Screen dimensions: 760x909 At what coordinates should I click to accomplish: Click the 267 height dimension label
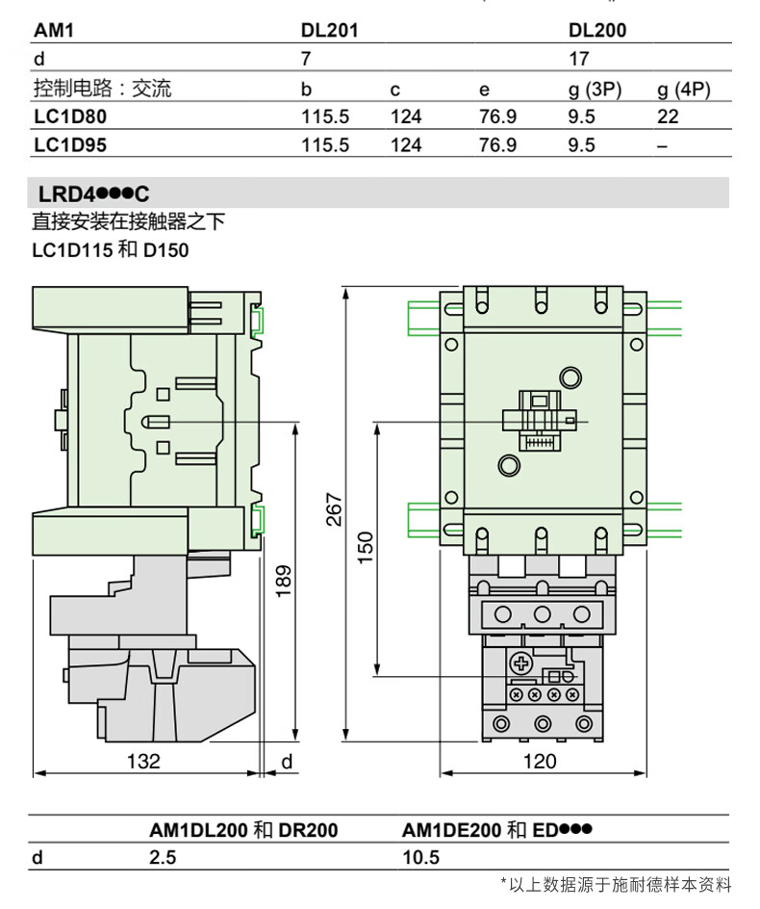[334, 509]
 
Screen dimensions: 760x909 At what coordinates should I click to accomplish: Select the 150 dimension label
[366, 548]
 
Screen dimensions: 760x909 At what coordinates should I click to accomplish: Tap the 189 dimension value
[283, 582]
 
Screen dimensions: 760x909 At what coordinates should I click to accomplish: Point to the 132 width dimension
[143, 761]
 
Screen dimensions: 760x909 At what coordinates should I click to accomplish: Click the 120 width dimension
[540, 761]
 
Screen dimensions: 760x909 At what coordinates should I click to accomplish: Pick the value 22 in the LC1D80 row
[668, 117]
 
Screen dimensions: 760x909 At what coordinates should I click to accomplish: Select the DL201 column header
[330, 30]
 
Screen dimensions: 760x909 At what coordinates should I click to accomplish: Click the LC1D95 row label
[70, 144]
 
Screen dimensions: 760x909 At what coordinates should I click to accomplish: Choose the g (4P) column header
[684, 90]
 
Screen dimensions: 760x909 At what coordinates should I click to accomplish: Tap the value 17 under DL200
[579, 59]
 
